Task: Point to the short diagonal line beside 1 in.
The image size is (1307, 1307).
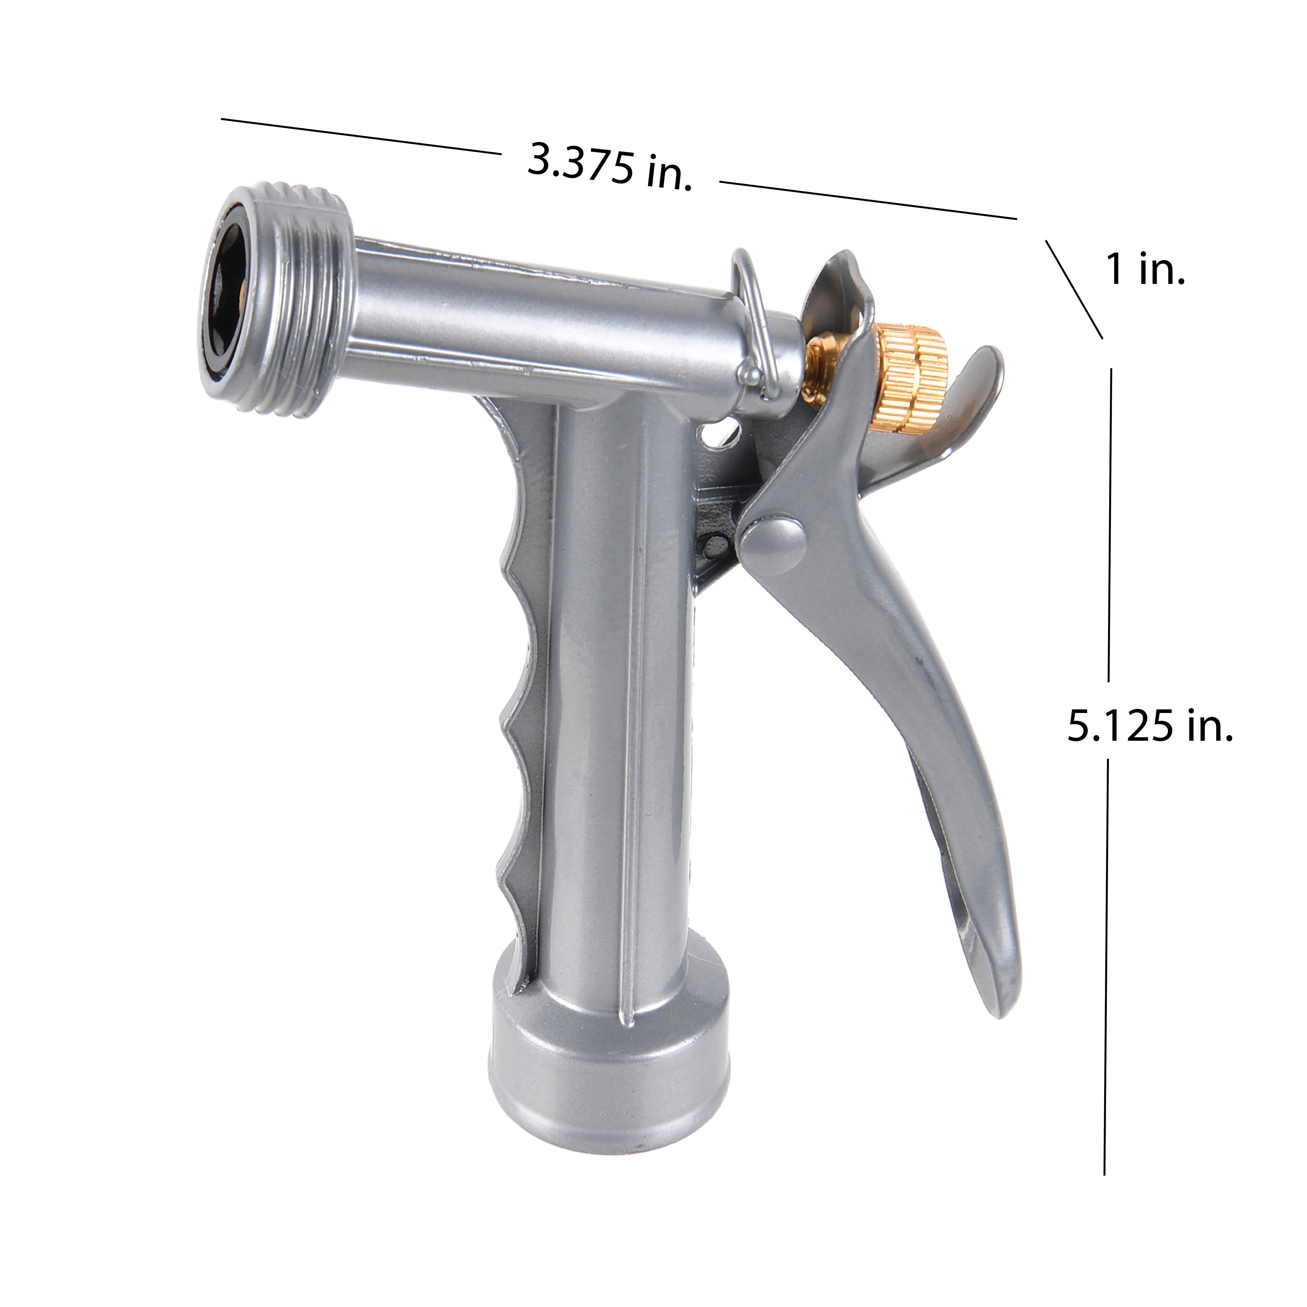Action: click(1074, 289)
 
